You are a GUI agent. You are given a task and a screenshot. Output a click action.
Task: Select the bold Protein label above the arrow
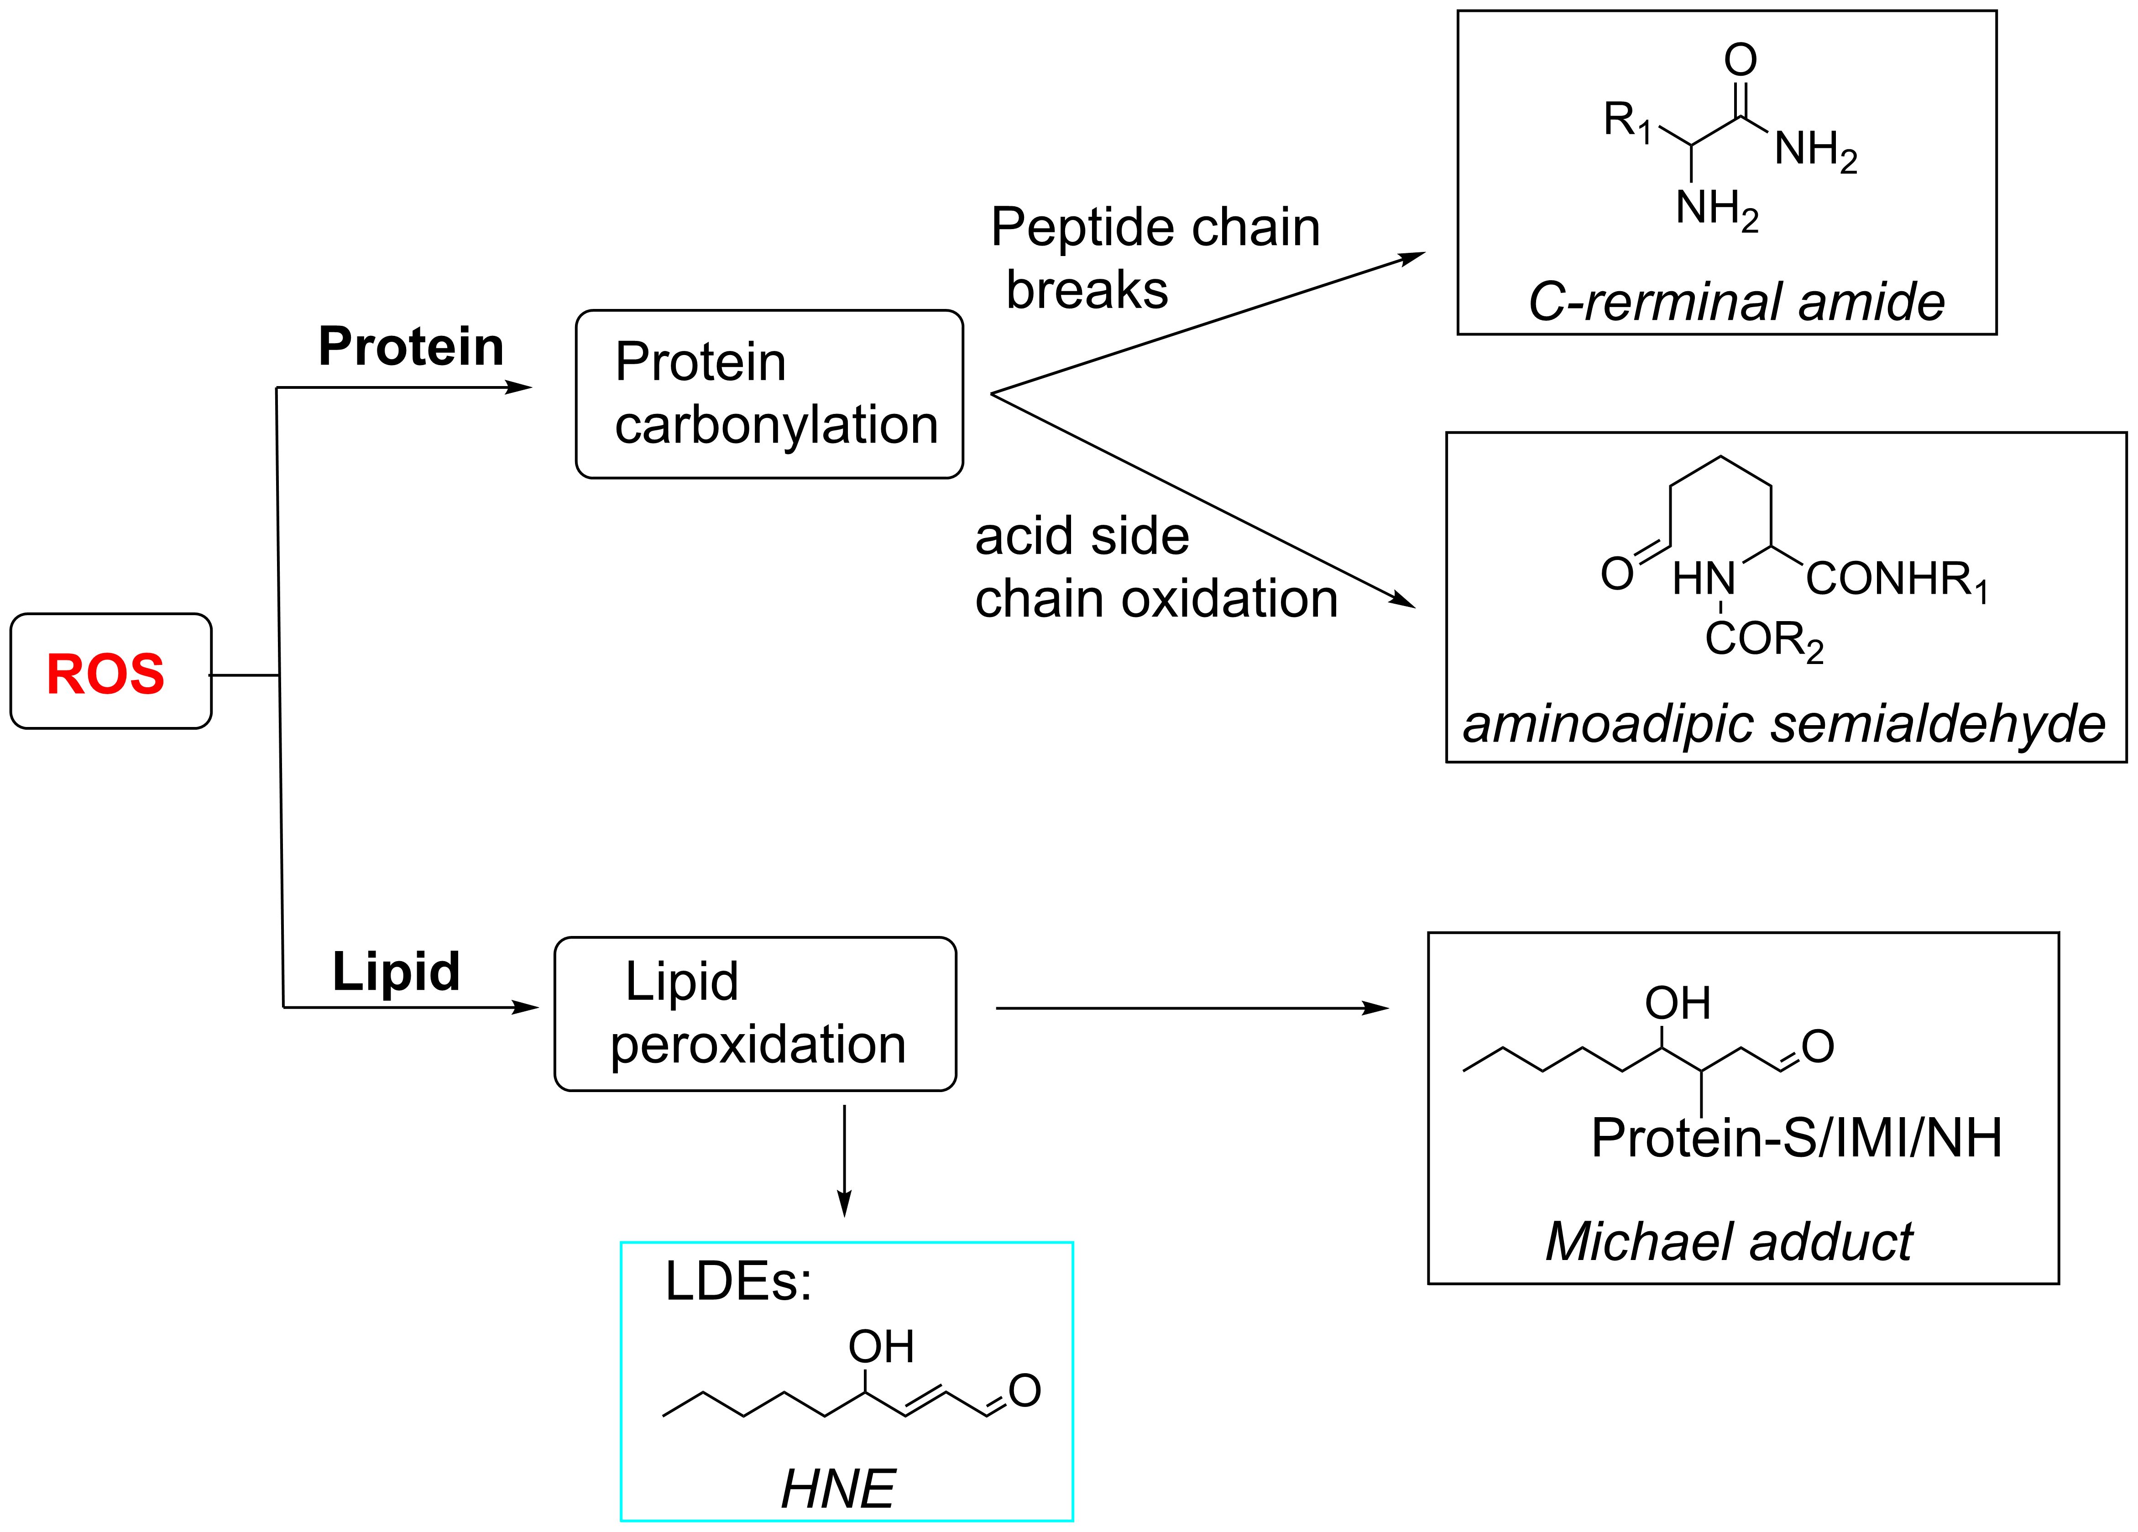tap(411, 346)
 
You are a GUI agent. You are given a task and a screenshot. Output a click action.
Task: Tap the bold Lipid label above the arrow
tap(396, 971)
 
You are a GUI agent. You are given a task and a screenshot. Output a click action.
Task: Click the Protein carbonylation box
tap(769, 394)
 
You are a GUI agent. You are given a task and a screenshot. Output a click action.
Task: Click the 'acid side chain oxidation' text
tap(1156, 568)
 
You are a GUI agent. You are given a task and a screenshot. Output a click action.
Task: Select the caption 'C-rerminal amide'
tap(1735, 302)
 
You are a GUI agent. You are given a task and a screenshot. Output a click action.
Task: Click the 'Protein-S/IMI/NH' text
tap(1796, 1138)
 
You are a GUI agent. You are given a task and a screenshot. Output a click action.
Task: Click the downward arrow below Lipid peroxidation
tap(845, 1161)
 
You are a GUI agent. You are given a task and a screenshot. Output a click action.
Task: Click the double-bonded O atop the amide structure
tap(1740, 60)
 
